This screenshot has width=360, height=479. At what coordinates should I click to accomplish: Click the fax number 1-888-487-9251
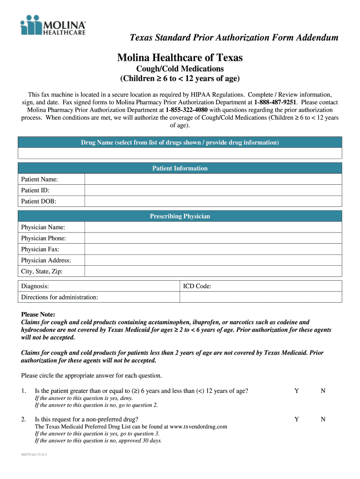tap(275, 102)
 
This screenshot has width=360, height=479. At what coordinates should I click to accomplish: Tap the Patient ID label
tap(35, 190)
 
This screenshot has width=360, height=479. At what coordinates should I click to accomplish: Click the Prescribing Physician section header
tap(180, 216)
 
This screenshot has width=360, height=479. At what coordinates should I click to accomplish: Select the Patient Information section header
tap(180, 168)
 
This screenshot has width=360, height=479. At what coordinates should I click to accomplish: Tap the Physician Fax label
tap(40, 249)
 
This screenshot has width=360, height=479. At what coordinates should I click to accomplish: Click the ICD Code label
tap(197, 286)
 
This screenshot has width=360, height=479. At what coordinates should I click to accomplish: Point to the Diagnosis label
tap(35, 286)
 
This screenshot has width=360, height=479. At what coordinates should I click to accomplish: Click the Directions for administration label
tap(59, 297)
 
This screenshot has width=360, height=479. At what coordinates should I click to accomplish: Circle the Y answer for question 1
tap(296, 391)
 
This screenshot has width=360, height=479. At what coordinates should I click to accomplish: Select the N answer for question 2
tap(323, 420)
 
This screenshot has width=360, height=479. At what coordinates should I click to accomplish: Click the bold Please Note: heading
tap(38, 314)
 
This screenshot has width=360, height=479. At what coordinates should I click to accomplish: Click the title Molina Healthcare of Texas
tap(180, 58)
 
